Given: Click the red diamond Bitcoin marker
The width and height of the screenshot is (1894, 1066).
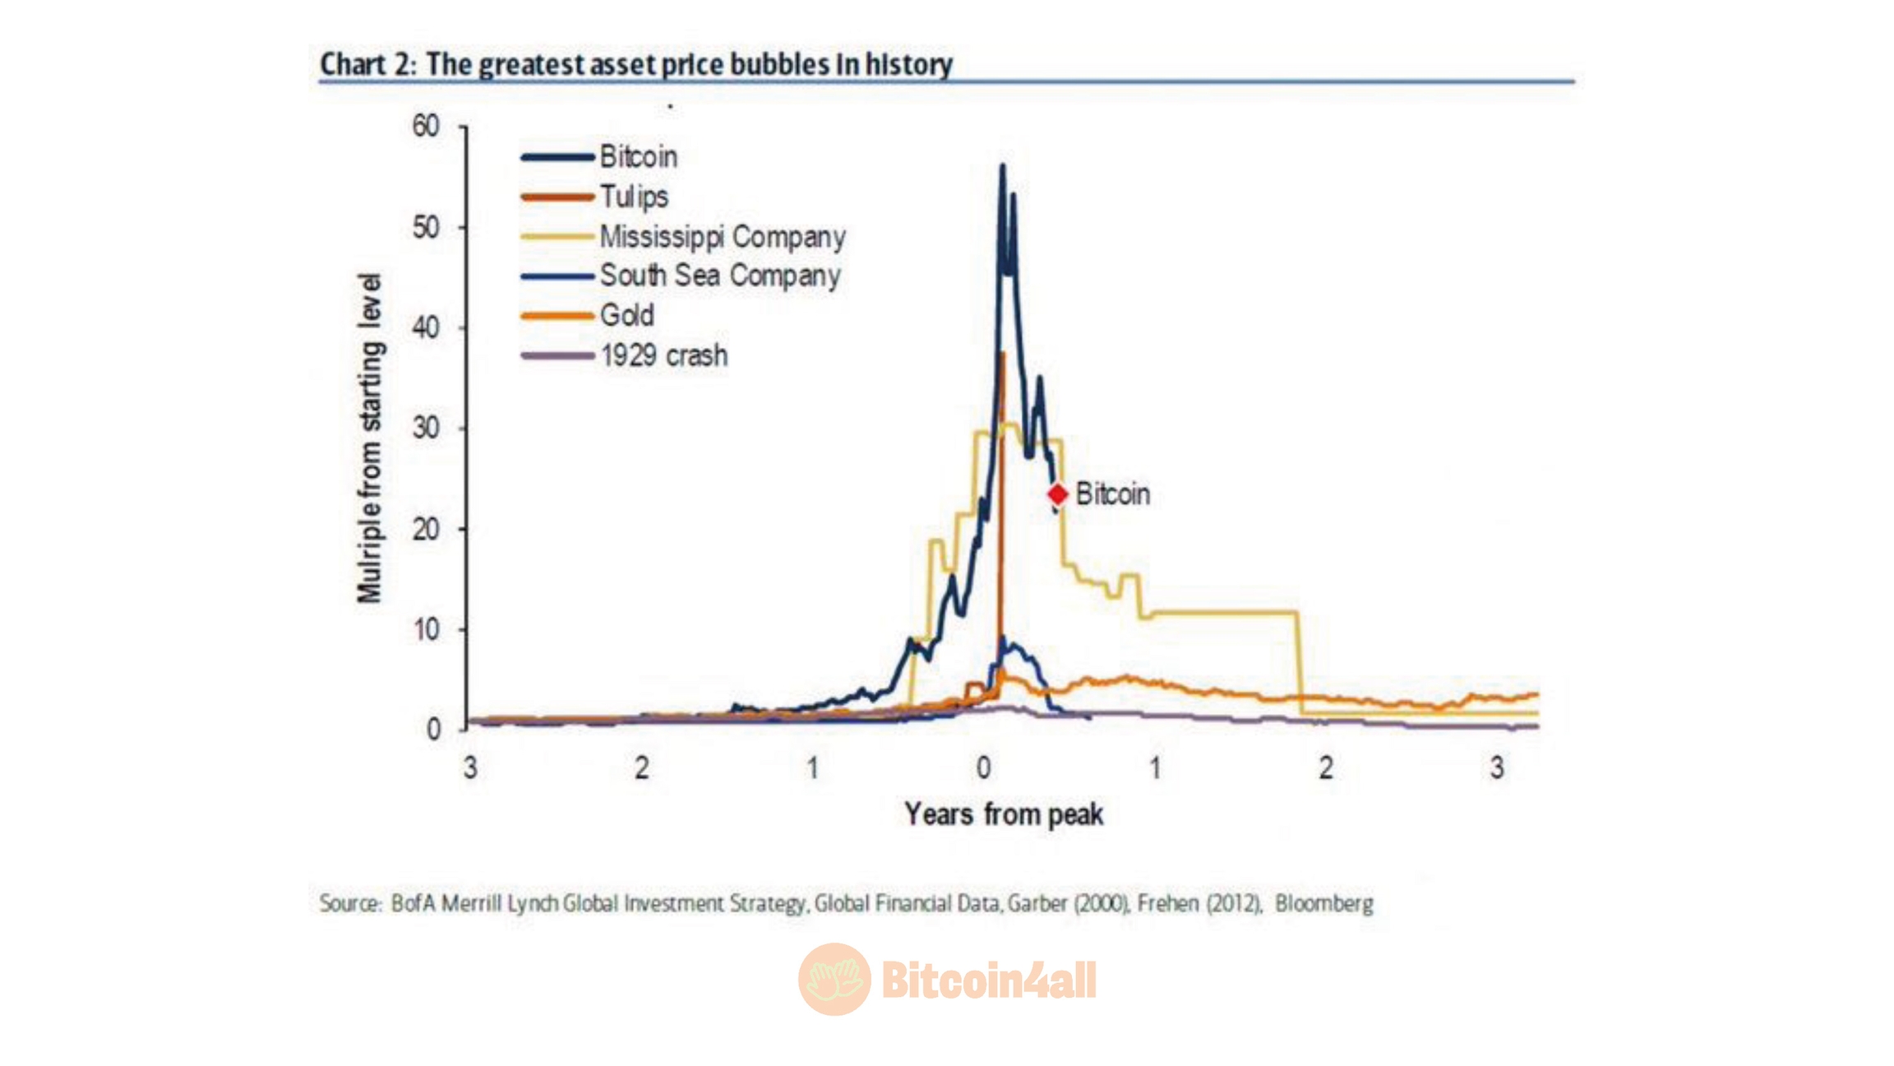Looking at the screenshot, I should pos(1057,494).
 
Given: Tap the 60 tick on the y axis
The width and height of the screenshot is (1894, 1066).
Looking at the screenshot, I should pos(427,127).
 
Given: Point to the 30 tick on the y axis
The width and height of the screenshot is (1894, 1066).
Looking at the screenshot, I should pos(427,429).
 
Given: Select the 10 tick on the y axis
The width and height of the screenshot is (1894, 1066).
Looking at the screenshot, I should pos(427,630).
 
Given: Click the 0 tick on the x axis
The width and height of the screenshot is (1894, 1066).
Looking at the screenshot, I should pos(983,768).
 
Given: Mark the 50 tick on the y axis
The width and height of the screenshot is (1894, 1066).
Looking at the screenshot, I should pos(427,228).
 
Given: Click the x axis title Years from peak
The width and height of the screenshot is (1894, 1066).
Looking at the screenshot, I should pos(1003,814).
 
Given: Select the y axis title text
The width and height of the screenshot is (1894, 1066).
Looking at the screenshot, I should pos(371,438).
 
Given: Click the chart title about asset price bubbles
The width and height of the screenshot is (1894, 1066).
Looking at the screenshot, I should pos(635,64).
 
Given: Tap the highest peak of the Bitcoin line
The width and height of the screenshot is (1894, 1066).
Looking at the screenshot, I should pos(1002,166).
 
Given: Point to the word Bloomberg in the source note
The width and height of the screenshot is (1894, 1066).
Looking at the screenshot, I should pos(1323,903).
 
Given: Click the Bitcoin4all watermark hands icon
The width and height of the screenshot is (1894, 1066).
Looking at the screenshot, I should pos(834,979).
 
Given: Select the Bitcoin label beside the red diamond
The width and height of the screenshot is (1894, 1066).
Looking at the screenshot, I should pos(1112,494).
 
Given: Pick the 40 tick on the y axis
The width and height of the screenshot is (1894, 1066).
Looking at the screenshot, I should pos(427,328).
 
